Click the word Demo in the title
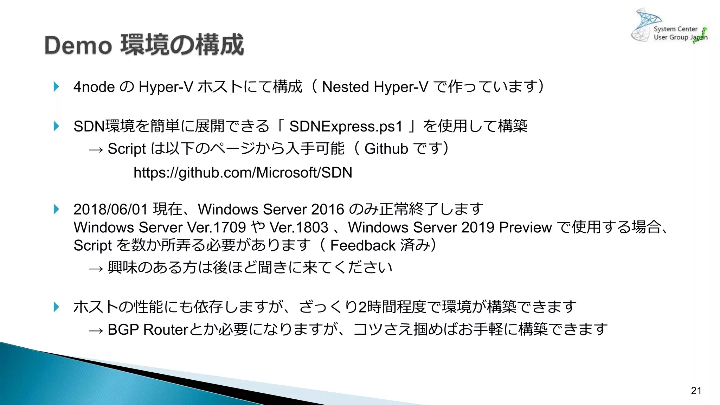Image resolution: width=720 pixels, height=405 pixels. [78, 46]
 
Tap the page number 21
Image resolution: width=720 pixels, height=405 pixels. [696, 391]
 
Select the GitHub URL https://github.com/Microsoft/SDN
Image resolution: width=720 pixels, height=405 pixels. [243, 173]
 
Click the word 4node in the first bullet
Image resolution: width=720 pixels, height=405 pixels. [94, 87]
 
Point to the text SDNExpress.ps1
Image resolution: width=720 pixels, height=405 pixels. [346, 127]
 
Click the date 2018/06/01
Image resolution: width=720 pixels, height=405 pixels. [110, 210]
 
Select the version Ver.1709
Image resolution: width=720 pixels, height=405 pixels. [216, 227]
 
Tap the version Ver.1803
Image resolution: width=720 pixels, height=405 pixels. [299, 227]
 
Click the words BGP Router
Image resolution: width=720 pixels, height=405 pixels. [148, 330]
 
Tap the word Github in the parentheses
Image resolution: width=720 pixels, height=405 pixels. [386, 149]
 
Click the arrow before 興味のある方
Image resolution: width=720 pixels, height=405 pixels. [96, 269]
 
